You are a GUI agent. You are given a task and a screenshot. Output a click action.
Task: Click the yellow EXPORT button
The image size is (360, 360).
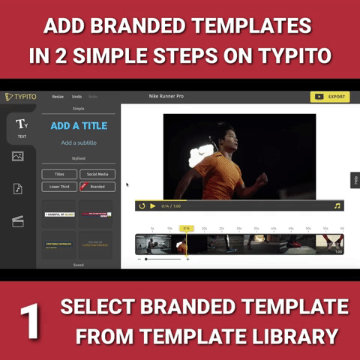329,97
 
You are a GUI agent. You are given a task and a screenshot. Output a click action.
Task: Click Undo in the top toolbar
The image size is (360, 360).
77,97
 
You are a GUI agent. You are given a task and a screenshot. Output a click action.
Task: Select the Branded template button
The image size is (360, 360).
97,186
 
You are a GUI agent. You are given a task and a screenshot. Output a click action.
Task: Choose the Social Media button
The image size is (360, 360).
97,174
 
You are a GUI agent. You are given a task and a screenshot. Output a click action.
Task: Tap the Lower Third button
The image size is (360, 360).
59,186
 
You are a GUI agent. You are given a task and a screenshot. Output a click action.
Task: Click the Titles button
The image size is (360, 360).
59,174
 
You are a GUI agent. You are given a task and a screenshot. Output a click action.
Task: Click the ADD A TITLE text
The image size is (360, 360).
78,126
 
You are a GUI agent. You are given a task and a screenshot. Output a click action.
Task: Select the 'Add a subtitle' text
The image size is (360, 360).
78,142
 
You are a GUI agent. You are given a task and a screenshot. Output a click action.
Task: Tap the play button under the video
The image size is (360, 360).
153,205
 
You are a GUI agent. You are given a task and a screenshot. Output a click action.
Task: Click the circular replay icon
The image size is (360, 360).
142,205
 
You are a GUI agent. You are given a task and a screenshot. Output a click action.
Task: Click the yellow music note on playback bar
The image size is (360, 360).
337,205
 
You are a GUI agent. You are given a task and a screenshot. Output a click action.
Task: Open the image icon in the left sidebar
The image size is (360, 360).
18,157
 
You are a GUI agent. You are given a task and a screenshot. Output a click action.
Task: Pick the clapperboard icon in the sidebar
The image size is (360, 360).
18,220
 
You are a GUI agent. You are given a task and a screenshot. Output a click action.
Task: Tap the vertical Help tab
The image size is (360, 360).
355,180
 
